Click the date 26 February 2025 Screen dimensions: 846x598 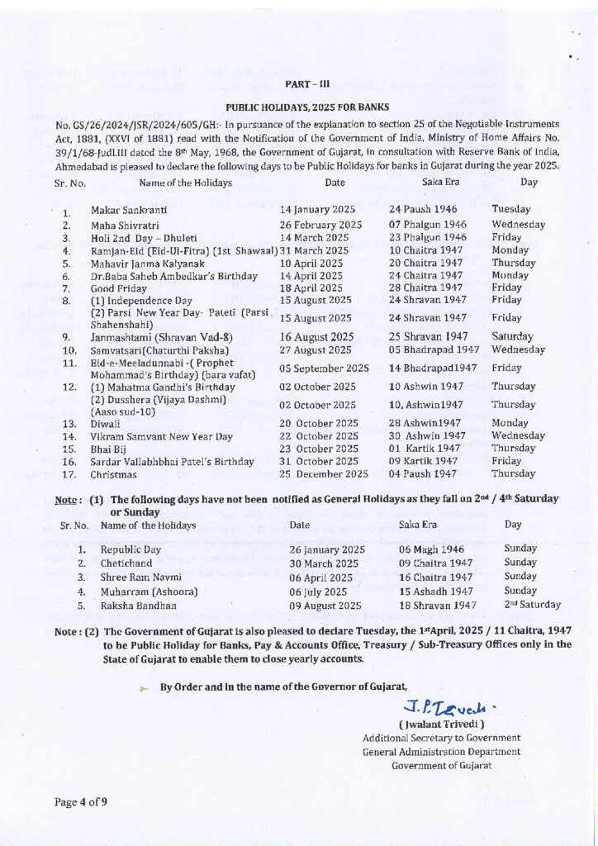(x=320, y=225)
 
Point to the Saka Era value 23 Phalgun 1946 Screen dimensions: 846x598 (x=427, y=237)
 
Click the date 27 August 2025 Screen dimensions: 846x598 (x=316, y=349)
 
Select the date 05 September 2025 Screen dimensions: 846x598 (x=324, y=368)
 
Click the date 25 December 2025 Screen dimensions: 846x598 (x=323, y=474)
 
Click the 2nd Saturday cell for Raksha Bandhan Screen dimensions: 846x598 (x=531, y=605)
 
